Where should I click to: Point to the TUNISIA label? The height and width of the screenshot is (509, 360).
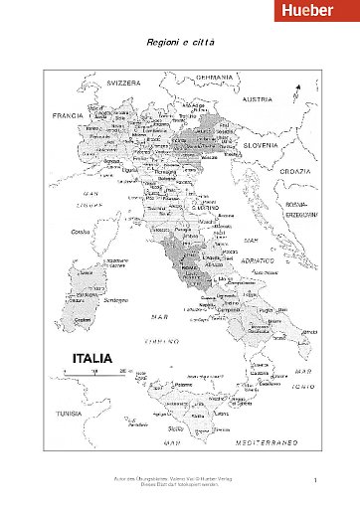click(66, 414)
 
